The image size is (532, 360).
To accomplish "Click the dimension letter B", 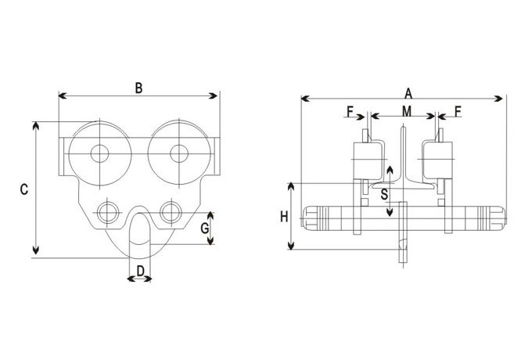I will point(138,88).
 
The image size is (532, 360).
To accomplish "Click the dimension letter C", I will point(24,189).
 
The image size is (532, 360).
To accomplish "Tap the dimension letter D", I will point(140,272).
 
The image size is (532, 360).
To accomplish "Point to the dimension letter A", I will point(408,92).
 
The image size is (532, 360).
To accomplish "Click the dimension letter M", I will point(407,111).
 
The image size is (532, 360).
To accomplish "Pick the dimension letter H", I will point(285,216).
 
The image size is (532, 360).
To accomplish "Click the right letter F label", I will point(457,111).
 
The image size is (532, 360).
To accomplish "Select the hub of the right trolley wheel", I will point(179,153).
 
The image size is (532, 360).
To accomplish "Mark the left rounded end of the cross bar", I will point(311,218).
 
